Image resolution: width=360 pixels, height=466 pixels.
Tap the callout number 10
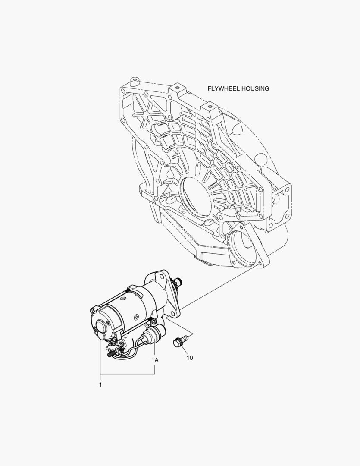tap(190, 358)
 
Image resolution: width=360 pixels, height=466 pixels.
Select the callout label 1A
tap(155, 360)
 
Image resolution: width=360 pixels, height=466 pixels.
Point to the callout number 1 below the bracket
tap(100, 384)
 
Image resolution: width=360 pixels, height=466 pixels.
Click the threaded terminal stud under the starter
tap(111, 354)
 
